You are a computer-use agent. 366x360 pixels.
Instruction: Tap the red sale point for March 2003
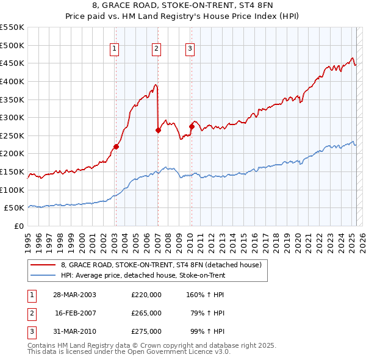click(116, 146)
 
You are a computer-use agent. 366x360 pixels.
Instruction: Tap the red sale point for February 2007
click(158, 130)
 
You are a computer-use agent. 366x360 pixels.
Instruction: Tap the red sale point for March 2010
click(192, 126)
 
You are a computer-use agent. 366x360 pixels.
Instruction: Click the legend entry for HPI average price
click(143, 275)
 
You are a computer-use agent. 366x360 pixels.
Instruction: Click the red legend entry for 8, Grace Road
click(161, 265)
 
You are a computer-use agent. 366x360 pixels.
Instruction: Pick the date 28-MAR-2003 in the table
click(75, 295)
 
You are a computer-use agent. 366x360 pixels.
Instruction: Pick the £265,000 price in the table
click(146, 313)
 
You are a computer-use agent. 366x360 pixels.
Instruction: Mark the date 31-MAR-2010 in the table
click(75, 331)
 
